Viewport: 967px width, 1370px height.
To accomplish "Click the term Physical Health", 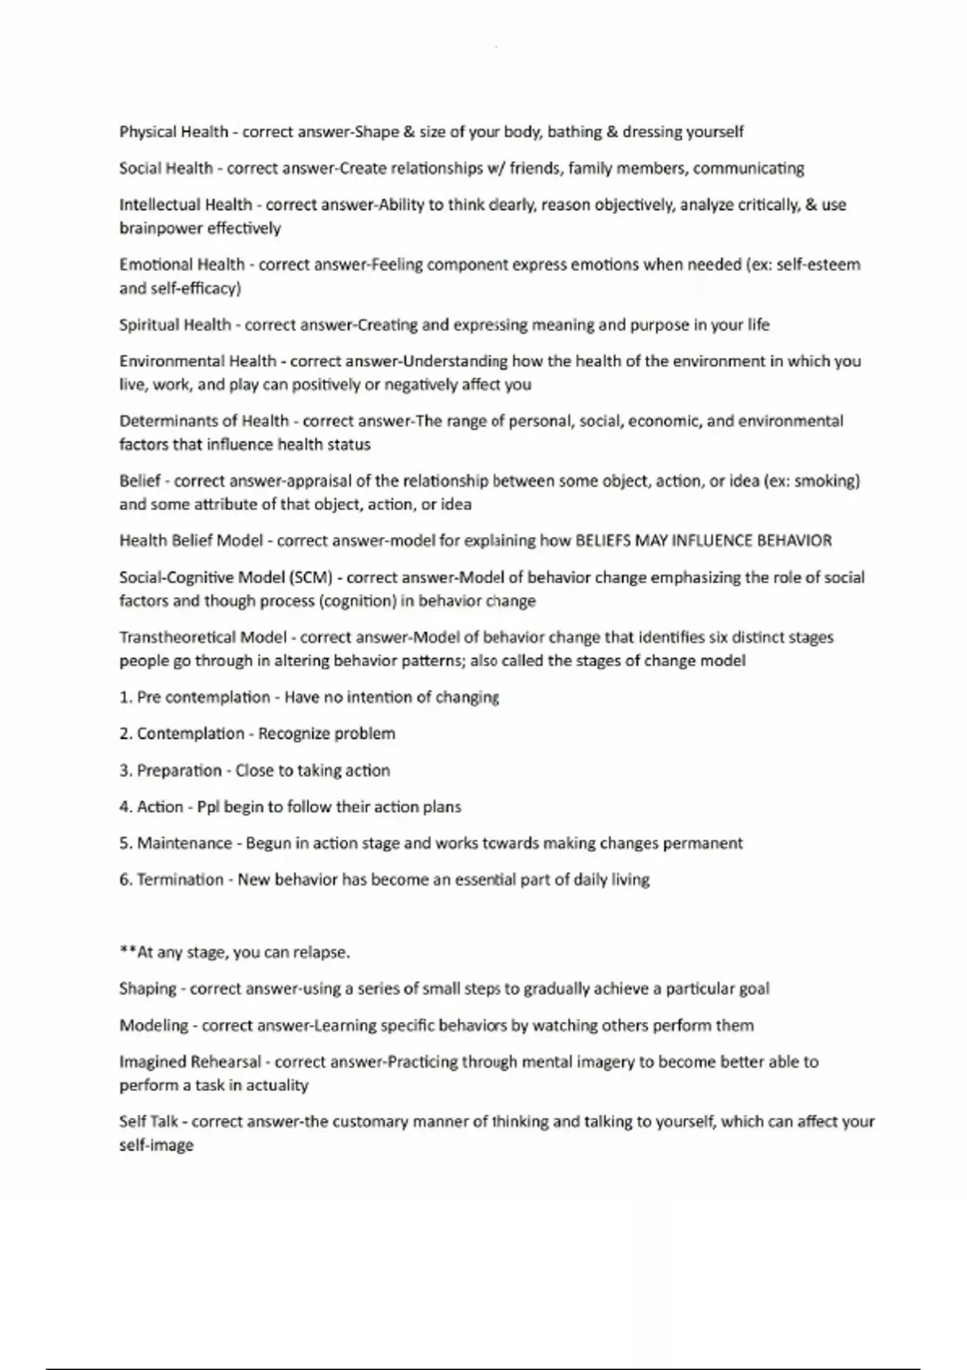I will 173,131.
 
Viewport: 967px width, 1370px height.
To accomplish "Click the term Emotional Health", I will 181,264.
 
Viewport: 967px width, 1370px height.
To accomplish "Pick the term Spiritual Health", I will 175,325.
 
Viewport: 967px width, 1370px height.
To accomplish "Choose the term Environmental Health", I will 197,361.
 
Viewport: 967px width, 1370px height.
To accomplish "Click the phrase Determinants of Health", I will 204,421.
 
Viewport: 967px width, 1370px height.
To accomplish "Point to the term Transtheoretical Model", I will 202,637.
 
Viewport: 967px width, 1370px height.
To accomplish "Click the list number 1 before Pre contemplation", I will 125,697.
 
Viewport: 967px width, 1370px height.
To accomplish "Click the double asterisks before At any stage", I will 127,951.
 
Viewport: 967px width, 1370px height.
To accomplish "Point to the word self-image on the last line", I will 156,1145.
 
